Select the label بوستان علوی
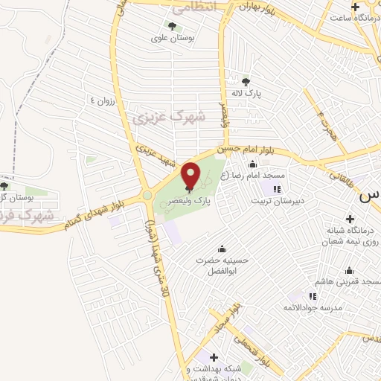coord(173,39)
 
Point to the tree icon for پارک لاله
coord(247,83)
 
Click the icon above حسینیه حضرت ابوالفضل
coord(220,248)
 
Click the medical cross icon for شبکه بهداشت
coord(214,358)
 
